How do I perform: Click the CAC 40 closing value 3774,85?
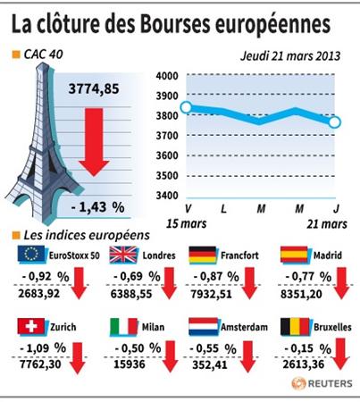pos(94,88)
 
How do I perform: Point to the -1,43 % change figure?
pos(97,206)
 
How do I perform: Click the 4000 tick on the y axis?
pos(167,76)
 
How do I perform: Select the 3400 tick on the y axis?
pos(167,196)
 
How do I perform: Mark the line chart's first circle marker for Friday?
pos(187,107)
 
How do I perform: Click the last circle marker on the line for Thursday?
pos(335,122)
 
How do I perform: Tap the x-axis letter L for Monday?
pos(223,209)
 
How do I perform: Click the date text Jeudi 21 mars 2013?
pos(290,56)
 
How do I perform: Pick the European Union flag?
pos(31,254)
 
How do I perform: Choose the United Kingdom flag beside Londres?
pos(123,255)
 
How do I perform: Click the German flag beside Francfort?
pos(203,255)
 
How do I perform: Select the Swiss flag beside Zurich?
pos(31,326)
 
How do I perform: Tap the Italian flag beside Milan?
pos(123,327)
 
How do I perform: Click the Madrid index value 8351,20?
pos(301,294)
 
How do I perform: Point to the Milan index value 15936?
pos(130,364)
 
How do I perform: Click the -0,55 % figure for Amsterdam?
pos(213,348)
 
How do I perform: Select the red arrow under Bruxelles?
pos(340,354)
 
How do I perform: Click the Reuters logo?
pos(322,383)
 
